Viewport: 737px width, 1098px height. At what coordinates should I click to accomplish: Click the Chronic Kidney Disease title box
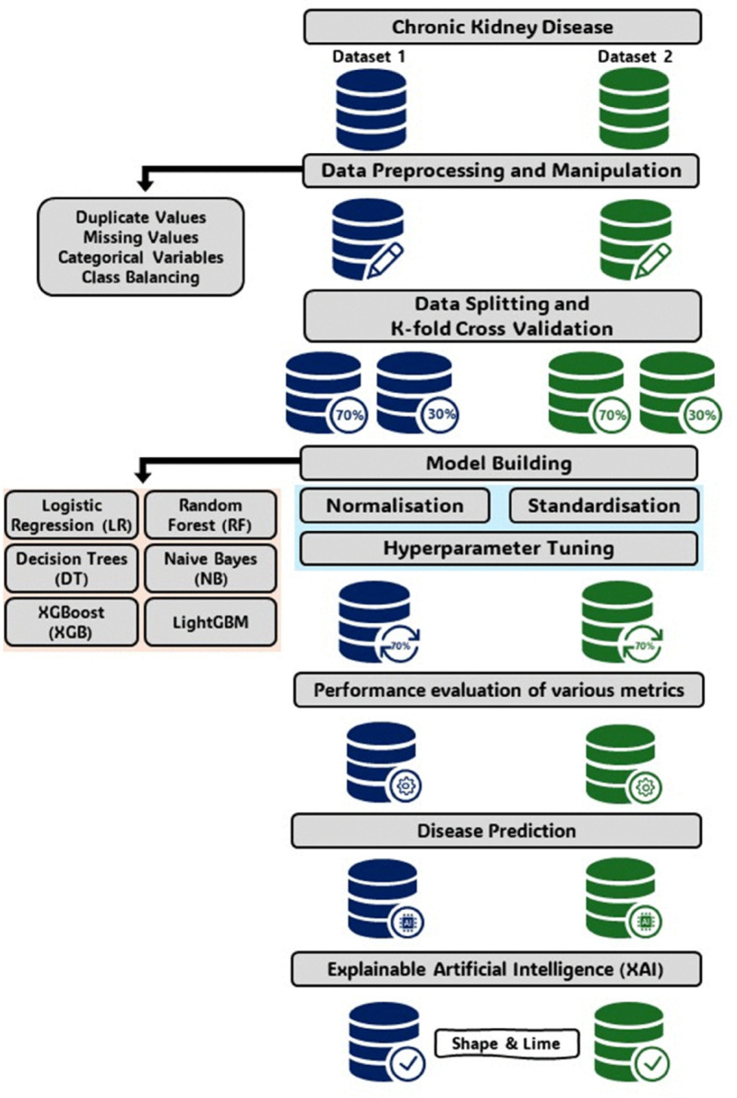pos(503,27)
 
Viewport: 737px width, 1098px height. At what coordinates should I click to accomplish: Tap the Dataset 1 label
pos(369,57)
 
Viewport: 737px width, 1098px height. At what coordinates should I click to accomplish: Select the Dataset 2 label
pos(635,57)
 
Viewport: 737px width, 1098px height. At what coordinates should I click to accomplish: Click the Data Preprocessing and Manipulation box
pos(501,171)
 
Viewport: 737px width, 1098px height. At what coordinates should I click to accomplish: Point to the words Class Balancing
pos(141,277)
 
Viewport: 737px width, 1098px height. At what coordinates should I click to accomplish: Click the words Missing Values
pos(141,237)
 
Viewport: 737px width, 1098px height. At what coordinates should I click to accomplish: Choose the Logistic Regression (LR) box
pos(71,514)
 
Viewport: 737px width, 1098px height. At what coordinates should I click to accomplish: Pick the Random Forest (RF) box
pos(210,514)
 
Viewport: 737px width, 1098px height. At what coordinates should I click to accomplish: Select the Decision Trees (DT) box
pos(71,569)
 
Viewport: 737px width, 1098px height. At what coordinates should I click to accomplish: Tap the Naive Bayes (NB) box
pos(210,569)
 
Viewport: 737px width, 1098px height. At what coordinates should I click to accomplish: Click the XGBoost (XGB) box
pos(71,621)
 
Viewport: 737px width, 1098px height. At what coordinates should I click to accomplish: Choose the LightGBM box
pos(210,621)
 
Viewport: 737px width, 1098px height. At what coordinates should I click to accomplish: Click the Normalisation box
pos(395,505)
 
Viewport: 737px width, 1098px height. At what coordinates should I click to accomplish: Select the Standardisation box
pos(604,505)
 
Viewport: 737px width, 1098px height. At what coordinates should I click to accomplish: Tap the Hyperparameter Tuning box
pos(499,549)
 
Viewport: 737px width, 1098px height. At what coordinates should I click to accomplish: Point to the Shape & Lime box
pos(506,1044)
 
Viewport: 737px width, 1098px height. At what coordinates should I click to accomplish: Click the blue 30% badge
pos(440,415)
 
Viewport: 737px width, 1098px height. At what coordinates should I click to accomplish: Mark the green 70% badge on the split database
pos(611,415)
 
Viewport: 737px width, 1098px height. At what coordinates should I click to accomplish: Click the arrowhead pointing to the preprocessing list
pos(145,184)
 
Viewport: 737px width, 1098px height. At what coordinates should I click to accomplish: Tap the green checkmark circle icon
pos(651,1065)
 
